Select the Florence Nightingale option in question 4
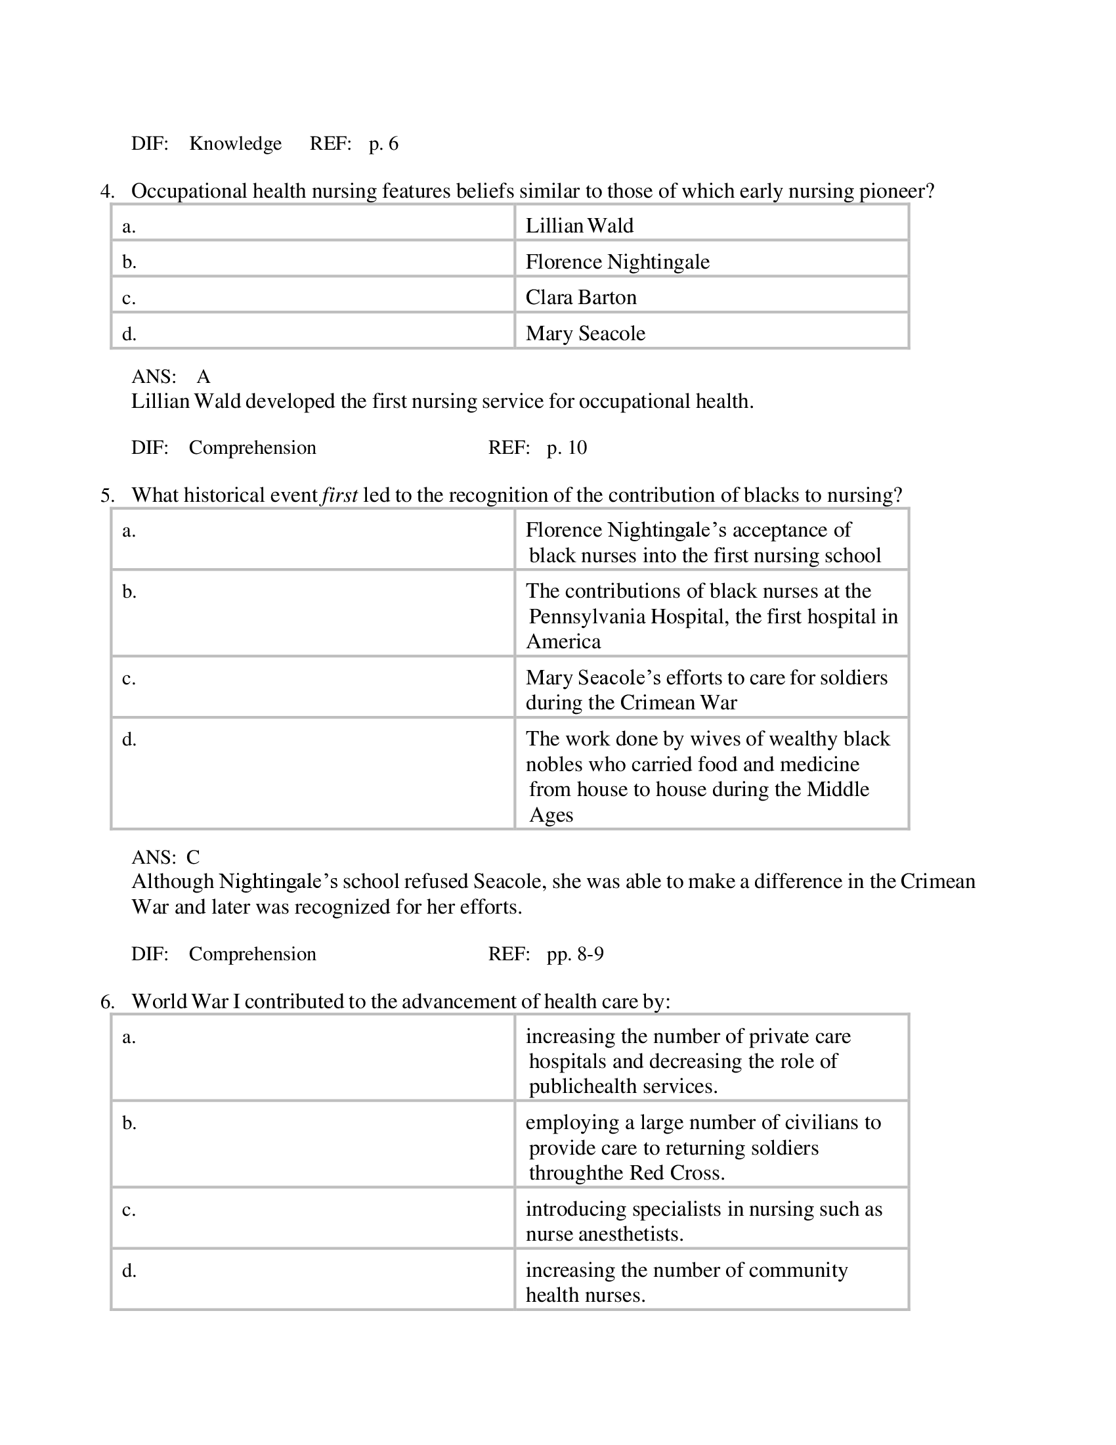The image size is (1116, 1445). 617,261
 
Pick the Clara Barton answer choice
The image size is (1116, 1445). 580,297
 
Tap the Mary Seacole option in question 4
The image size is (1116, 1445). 585,333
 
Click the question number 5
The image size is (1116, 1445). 107,495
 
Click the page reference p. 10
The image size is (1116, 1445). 567,447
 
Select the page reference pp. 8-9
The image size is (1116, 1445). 574,954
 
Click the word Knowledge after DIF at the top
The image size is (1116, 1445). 236,144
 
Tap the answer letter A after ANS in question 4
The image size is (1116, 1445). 203,376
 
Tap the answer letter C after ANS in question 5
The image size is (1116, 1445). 192,856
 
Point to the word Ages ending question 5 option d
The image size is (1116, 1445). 551,814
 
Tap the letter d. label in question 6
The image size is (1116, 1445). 129,1270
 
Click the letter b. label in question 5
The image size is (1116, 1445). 129,592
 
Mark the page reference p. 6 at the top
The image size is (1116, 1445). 383,144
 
